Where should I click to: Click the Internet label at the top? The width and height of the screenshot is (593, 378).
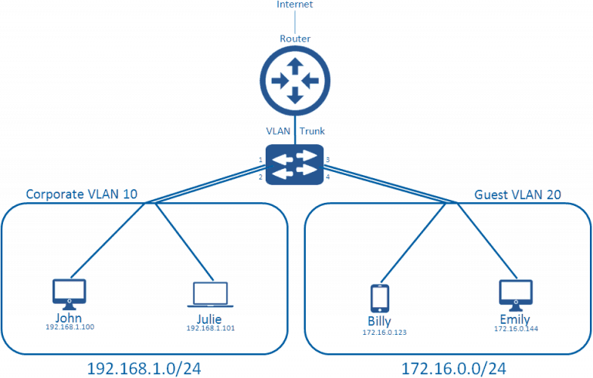click(294, 5)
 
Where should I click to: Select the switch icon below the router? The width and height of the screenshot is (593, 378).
click(294, 164)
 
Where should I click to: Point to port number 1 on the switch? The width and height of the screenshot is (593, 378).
click(261, 160)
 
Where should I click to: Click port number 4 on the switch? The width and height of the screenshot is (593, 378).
click(328, 177)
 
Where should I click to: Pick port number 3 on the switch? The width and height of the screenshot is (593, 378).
click(328, 160)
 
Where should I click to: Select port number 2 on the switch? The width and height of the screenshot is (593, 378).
click(261, 177)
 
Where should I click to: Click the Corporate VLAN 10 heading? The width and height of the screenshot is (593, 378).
click(82, 194)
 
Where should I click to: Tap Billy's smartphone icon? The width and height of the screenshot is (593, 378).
click(379, 299)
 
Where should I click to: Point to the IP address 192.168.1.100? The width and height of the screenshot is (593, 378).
click(69, 327)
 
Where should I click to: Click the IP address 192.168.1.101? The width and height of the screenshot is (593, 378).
click(209, 329)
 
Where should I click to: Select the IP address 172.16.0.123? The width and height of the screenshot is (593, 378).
click(380, 332)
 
